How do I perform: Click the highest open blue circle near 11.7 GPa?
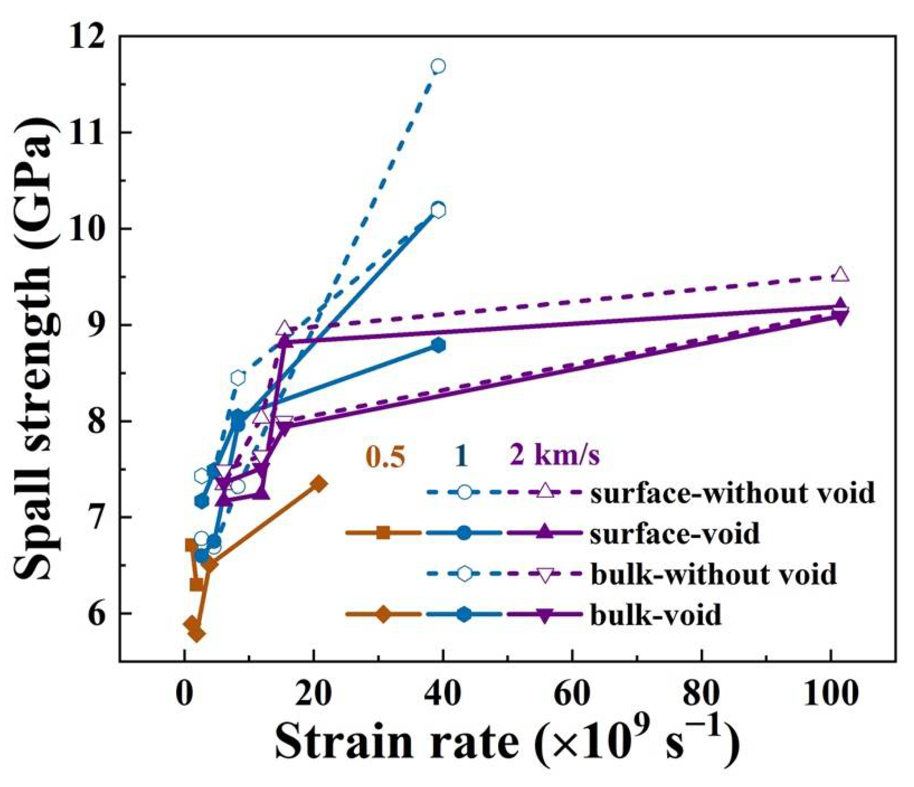[x=438, y=67]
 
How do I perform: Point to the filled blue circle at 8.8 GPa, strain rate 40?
[x=438, y=345]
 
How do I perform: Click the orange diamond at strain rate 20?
[x=319, y=484]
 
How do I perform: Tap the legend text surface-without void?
[x=732, y=493]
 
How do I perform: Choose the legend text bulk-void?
[x=655, y=615]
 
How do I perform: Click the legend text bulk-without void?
[x=713, y=574]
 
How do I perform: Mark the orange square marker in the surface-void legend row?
[x=383, y=533]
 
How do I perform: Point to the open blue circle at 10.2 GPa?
[x=438, y=210]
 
